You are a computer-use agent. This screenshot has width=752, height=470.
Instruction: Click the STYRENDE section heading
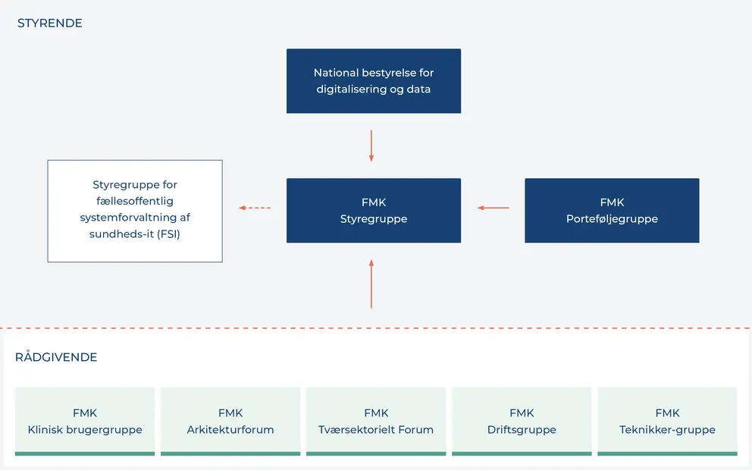click(x=49, y=23)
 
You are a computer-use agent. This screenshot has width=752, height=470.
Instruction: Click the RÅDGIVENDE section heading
click(x=56, y=357)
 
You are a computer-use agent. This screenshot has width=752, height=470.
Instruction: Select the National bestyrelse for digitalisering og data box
click(x=373, y=81)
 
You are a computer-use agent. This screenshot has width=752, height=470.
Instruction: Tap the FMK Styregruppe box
click(x=373, y=211)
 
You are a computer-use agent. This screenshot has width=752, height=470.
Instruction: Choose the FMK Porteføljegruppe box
click(x=611, y=211)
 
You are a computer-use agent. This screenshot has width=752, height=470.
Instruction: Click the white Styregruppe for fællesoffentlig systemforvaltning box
click(x=135, y=211)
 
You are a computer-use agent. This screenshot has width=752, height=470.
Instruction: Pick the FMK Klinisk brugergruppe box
click(x=85, y=421)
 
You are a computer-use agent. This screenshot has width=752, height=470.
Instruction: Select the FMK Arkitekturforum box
click(x=230, y=421)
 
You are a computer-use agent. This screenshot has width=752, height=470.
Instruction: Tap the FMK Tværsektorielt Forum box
click(x=376, y=421)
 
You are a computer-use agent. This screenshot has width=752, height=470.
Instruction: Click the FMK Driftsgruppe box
click(x=522, y=421)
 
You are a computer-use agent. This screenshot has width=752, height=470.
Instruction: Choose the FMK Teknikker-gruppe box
click(x=667, y=421)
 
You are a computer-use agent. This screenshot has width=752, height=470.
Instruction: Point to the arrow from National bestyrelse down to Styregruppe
click(x=371, y=146)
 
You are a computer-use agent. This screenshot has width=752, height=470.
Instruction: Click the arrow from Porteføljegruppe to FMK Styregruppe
click(x=493, y=208)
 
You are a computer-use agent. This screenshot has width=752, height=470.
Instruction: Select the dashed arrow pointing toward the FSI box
click(x=255, y=208)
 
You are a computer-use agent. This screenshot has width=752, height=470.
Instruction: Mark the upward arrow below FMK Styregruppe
click(x=371, y=284)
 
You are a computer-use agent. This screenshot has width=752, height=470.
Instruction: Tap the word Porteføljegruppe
click(x=611, y=219)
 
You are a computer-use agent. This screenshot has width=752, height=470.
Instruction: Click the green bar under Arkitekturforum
click(x=230, y=453)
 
